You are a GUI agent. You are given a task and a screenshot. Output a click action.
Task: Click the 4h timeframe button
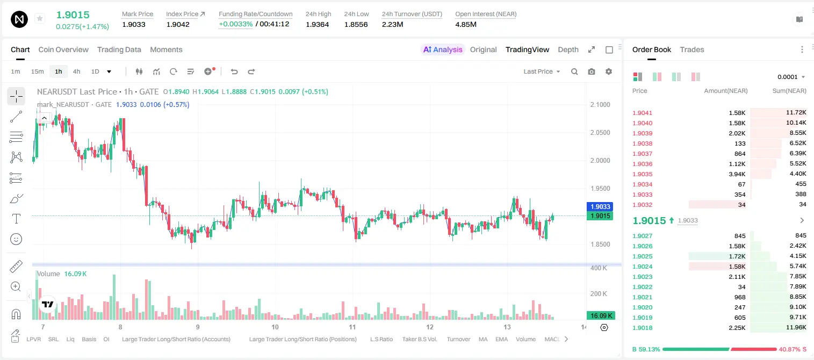76,71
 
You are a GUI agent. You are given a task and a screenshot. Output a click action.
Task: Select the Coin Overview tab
63,49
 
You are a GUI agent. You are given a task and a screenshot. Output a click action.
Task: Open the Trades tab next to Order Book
691,49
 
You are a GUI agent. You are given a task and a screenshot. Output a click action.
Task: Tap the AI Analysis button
443,49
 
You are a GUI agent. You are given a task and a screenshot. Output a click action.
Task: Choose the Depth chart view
568,49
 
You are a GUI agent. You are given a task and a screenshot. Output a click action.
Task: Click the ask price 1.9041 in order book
642,113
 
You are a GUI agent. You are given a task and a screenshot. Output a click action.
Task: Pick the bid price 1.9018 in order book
642,328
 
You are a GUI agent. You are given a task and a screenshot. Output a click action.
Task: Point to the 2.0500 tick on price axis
600,133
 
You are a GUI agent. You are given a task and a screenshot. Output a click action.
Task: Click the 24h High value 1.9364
317,24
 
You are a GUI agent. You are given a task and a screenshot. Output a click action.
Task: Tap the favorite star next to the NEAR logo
40,18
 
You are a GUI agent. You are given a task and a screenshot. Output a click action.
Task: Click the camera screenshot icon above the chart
591,71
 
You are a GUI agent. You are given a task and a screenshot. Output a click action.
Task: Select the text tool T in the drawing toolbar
16,219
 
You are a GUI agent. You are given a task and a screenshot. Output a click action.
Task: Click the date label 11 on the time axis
352,327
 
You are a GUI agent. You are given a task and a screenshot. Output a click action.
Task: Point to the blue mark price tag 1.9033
600,207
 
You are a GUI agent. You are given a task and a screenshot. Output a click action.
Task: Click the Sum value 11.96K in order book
796,327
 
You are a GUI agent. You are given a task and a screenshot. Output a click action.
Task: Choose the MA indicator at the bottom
483,339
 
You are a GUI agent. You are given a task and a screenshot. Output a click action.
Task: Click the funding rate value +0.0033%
235,24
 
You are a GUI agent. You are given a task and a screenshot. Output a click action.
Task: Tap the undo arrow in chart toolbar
234,71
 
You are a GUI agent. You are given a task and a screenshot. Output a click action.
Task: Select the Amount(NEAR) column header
726,91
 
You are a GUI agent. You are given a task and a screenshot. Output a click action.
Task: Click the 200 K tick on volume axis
599,293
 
